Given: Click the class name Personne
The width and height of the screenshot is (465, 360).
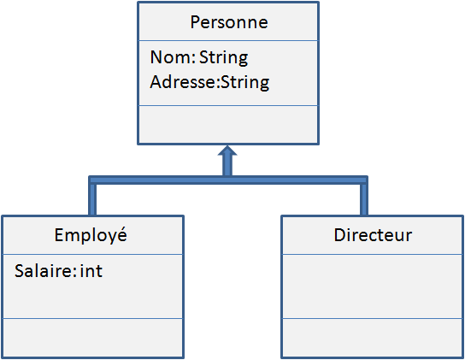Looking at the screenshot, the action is coord(229,22).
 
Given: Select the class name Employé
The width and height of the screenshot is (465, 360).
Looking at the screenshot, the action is coord(91,236).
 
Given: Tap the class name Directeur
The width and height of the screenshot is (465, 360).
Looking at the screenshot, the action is coord(373,235).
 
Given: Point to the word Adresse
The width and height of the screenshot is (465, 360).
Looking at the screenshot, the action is coord(184,81).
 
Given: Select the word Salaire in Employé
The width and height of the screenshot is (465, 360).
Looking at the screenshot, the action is coord(43,271).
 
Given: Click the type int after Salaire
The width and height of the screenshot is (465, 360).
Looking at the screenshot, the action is coord(91,271).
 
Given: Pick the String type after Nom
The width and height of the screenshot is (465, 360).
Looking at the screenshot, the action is coord(224,58).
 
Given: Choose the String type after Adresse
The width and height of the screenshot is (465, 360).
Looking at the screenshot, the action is coord(245,82).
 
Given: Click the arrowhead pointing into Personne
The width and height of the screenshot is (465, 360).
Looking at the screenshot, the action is coord(227,150).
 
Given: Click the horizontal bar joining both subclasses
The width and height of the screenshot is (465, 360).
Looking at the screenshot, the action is coord(228,180).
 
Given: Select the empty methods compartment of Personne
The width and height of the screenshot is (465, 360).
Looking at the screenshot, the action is coord(228,125).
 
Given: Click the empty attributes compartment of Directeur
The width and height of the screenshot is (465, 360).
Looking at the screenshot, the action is coord(372,286).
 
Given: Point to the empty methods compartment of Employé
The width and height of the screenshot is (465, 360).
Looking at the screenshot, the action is coord(93,338).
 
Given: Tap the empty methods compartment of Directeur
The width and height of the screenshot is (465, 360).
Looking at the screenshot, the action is coord(372,338).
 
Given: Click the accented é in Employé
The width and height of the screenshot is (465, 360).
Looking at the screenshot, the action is coord(122,234).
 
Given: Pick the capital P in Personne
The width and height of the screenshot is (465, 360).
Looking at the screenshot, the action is coord(195,22).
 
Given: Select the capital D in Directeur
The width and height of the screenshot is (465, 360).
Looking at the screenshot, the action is coord(340,235).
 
